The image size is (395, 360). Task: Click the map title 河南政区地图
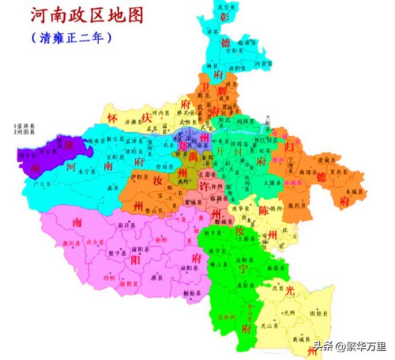coord(87,16)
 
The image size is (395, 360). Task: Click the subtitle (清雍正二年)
coord(71,38)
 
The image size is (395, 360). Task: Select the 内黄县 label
coord(263,63)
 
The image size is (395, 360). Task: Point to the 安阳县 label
coord(234,51)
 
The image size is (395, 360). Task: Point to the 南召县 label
coord(127,225)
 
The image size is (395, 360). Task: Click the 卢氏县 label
coord(42,185)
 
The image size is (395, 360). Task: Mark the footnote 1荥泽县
coord(24,127)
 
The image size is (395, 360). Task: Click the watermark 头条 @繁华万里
coord(350,346)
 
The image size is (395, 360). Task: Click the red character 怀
coord(111,118)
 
